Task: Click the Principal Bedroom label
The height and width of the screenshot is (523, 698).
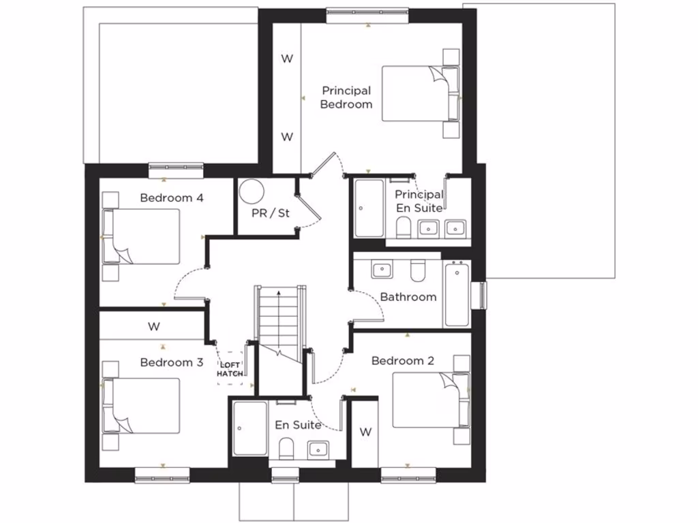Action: tap(346, 97)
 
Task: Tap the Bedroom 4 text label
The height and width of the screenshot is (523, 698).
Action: tap(172, 198)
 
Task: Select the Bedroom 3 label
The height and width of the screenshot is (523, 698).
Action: tap(172, 362)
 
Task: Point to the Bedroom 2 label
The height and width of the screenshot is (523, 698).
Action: tap(402, 361)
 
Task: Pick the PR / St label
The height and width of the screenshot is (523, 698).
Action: tap(271, 213)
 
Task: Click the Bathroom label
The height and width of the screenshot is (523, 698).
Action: tap(408, 297)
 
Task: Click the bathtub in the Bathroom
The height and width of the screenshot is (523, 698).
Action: tap(457, 294)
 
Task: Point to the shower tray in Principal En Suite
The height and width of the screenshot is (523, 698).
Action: tap(369, 208)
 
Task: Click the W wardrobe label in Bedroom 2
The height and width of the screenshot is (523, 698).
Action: tap(365, 432)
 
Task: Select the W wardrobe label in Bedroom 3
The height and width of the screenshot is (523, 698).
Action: tap(154, 327)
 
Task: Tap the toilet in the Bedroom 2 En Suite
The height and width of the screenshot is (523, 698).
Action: tap(286, 447)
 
